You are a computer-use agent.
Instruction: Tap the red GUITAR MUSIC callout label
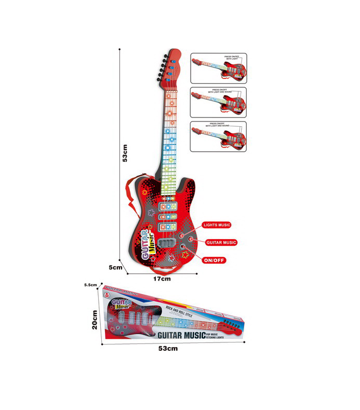point(221,242)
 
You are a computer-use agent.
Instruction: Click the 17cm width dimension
point(162,279)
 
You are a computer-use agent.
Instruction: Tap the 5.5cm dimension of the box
point(90,285)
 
